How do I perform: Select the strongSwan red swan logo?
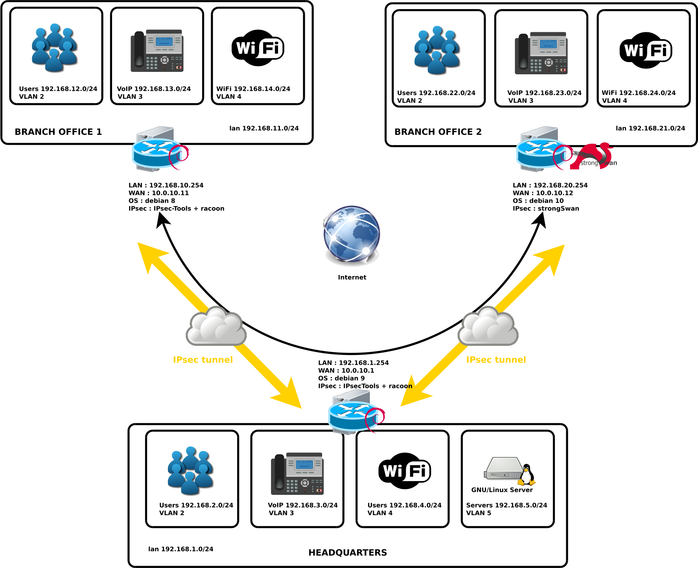[x=594, y=156]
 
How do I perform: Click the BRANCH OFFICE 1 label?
[x=58, y=132]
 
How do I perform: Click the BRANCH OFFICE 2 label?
[x=438, y=132]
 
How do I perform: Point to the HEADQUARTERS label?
[x=348, y=553]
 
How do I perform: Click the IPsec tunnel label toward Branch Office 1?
[x=203, y=360]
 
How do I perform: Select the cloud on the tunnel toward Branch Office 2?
[x=488, y=326]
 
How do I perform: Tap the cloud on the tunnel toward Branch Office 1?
[x=216, y=326]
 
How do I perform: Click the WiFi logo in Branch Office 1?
[x=258, y=48]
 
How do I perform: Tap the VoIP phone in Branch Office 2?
[x=541, y=53]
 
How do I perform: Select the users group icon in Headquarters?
[x=191, y=470]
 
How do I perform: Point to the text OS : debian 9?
[x=341, y=378]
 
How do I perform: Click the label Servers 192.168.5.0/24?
[x=506, y=505]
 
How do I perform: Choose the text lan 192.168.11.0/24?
[x=264, y=128]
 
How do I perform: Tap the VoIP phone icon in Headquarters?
[x=297, y=474]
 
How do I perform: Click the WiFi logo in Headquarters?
[x=404, y=470]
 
